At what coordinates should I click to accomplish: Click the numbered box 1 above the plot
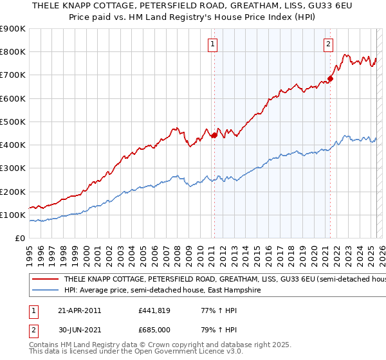click(213, 44)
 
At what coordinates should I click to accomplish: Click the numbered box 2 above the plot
click(328, 44)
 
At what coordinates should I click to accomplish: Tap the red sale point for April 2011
click(214, 135)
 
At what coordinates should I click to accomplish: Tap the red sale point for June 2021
click(330, 79)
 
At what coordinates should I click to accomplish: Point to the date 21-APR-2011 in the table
click(79, 310)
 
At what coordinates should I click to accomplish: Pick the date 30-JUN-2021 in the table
click(79, 330)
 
